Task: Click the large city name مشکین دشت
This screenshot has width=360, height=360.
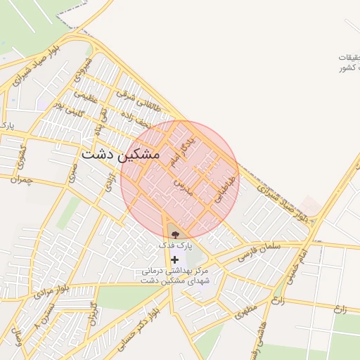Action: [x=120, y=153]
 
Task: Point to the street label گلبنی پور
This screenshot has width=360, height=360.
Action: [x=69, y=110]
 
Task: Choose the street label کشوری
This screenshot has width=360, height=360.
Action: [x=23, y=155]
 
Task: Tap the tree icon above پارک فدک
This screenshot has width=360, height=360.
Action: [x=175, y=234]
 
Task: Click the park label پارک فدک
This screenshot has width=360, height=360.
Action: [x=174, y=245]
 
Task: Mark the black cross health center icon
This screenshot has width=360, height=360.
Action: [x=174, y=259]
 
